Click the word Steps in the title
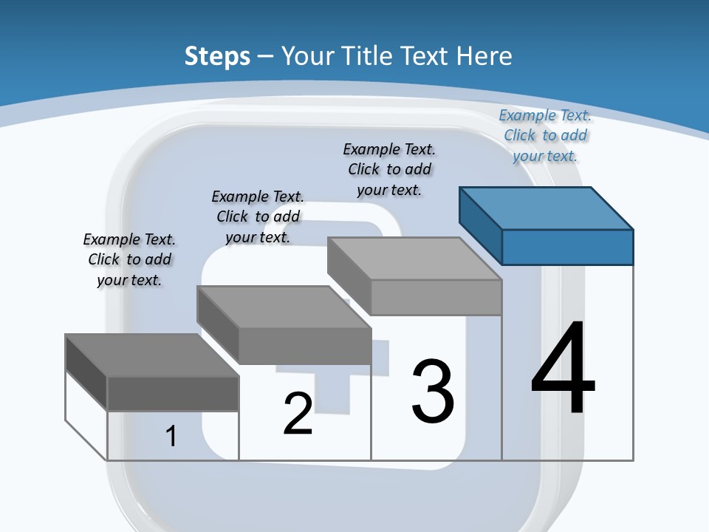pyautogui.click(x=217, y=56)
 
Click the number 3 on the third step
pyautogui.click(x=433, y=392)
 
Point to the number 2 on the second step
pyautogui.click(x=298, y=414)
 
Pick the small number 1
pyautogui.click(x=171, y=436)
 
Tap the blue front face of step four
pyautogui.click(x=567, y=247)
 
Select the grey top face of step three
pyautogui.click(x=414, y=259)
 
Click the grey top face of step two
pyautogui.click(x=284, y=307)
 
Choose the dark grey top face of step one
pyautogui.click(x=152, y=355)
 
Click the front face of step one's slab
pyautogui.click(x=173, y=393)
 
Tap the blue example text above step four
pyautogui.click(x=545, y=135)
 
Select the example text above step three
pyautogui.click(x=389, y=169)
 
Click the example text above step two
pyautogui.click(x=258, y=216)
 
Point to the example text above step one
pyautogui.click(x=129, y=259)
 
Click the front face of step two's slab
pyautogui.click(x=304, y=346)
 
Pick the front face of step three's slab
pyautogui.click(x=436, y=297)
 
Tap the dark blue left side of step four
pyautogui.click(x=480, y=225)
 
